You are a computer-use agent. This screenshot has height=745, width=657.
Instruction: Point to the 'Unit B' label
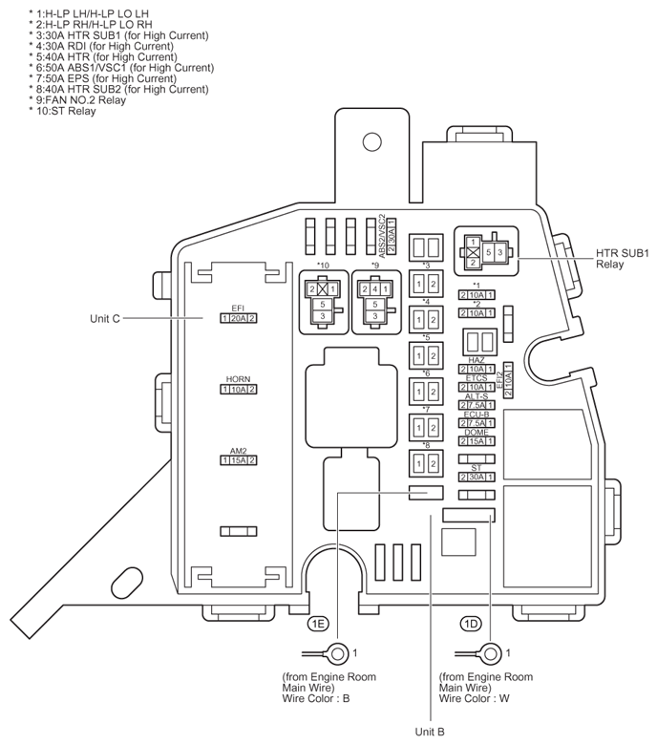(x=431, y=731)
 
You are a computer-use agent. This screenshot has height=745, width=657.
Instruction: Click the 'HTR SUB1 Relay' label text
(x=622, y=258)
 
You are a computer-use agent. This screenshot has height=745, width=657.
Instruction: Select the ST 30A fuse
(x=477, y=476)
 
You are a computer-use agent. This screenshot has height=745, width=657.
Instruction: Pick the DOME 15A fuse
(x=477, y=441)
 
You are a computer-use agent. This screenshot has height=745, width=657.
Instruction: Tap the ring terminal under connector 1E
(x=337, y=653)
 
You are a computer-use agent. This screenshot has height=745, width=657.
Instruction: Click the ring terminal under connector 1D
(x=490, y=653)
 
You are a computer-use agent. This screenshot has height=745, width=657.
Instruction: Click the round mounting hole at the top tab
(x=371, y=143)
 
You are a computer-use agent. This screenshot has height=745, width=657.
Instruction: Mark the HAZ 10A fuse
(x=477, y=369)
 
